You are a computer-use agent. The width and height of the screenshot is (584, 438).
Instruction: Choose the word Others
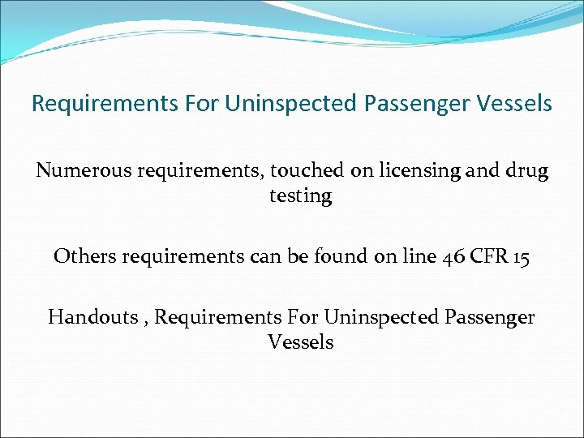[x=84, y=256]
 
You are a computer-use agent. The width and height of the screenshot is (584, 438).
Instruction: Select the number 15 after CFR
[x=521, y=256]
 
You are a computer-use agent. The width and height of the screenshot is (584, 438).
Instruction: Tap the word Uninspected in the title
[x=290, y=105]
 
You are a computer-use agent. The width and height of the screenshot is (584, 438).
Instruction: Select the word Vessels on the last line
[x=301, y=342]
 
